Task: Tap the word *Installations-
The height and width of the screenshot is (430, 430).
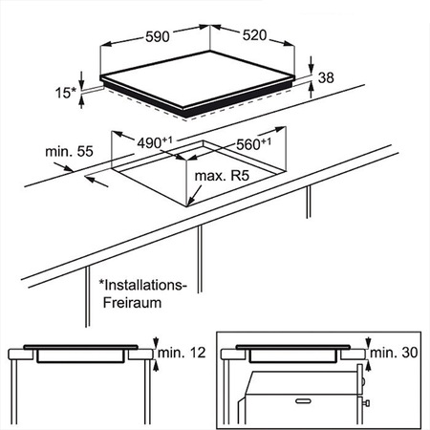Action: click(144, 284)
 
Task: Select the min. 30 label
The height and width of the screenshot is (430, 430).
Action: click(395, 354)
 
